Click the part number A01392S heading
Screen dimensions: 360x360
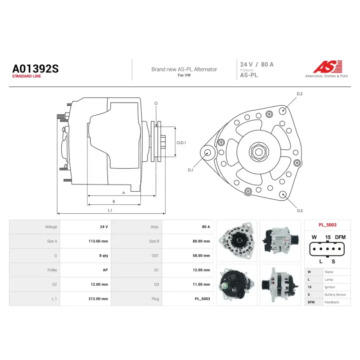click(36, 69)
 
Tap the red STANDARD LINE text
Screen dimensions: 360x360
click(27, 76)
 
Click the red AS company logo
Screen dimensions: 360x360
click(328, 67)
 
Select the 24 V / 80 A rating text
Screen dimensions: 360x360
click(256, 64)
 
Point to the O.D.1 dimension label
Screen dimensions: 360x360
click(181, 143)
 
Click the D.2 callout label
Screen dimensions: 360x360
click(300, 94)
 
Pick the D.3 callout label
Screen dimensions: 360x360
click(300, 211)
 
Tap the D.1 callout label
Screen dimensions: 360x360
click(190, 170)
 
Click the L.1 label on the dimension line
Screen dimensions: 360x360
click(110, 210)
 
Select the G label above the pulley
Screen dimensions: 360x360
click(156, 103)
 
